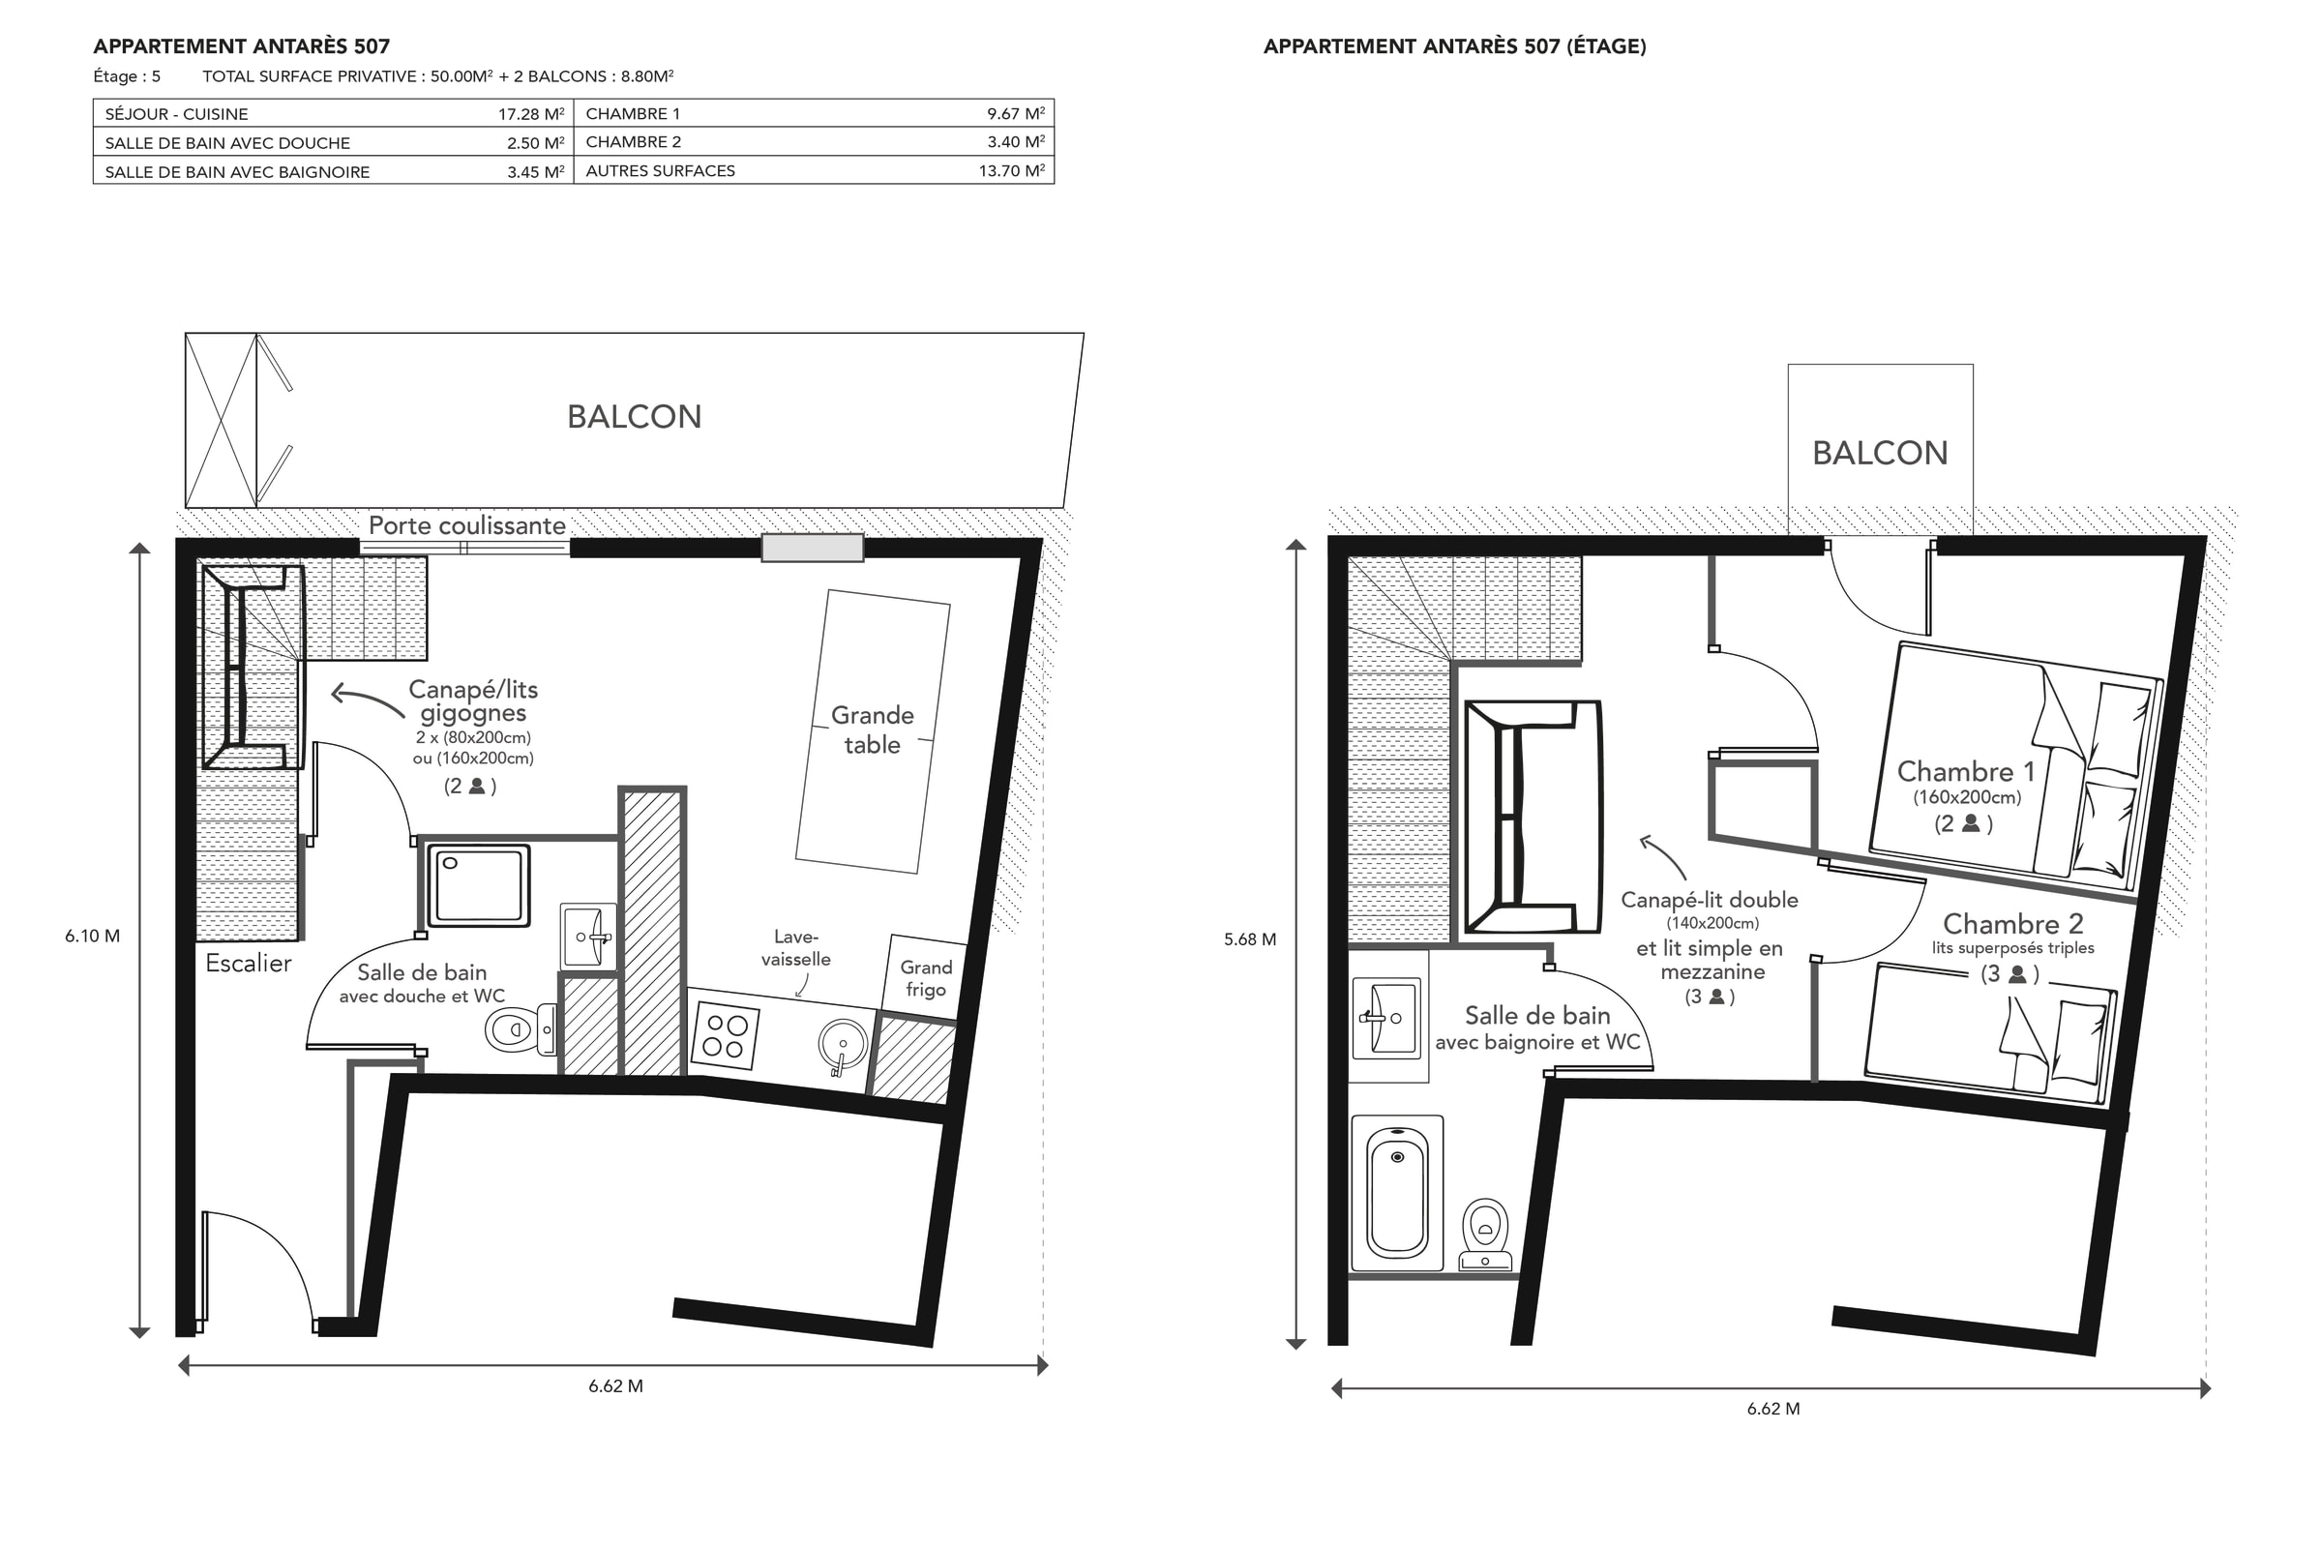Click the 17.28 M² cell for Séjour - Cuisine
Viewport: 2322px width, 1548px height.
pyautogui.click(x=531, y=114)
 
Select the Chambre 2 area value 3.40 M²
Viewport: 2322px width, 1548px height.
pyautogui.click(x=1016, y=142)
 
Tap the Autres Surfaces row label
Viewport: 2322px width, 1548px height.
pyautogui.click(x=661, y=171)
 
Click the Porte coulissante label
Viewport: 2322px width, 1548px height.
pyautogui.click(x=467, y=525)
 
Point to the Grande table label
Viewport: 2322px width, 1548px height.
pyautogui.click(x=873, y=729)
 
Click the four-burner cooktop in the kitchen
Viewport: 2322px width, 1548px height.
pyautogui.click(x=726, y=1035)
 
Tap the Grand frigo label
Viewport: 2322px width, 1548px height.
pyautogui.click(x=926, y=978)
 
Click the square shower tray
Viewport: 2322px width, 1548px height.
pyautogui.click(x=479, y=885)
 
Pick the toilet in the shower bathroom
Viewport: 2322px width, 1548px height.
pyautogui.click(x=521, y=1029)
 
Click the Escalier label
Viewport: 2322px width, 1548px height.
pyautogui.click(x=249, y=964)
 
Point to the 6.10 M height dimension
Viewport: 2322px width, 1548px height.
pyautogui.click(x=93, y=936)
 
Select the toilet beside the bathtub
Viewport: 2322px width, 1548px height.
pyautogui.click(x=1486, y=1235)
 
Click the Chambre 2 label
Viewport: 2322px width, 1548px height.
pyautogui.click(x=2013, y=924)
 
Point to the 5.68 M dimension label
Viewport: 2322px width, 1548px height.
pyautogui.click(x=1250, y=939)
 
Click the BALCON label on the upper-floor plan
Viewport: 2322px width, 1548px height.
pyautogui.click(x=1880, y=453)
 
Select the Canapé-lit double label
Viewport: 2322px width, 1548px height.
pyautogui.click(x=1710, y=901)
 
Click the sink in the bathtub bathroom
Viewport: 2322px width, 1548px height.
pyautogui.click(x=1386, y=1017)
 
